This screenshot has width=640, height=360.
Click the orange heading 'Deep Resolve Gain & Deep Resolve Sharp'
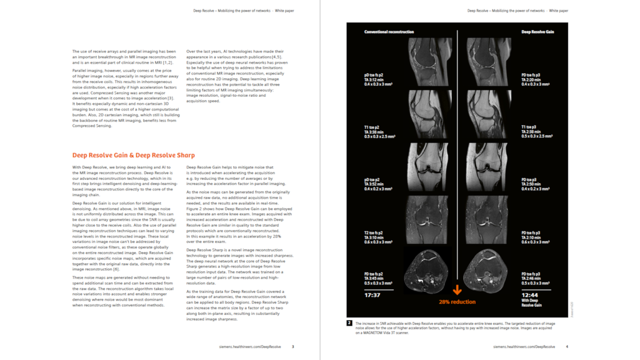(133, 155)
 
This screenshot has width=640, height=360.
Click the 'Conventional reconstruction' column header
(389, 32)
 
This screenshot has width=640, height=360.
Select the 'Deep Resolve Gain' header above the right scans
(537, 32)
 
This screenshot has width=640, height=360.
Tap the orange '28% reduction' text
(457, 302)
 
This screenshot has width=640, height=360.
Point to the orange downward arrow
(457, 290)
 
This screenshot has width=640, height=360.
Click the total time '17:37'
(372, 295)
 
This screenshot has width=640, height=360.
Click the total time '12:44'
(529, 295)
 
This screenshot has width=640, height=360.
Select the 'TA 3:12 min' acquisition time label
(374, 80)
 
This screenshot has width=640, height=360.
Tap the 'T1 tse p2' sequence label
(373, 127)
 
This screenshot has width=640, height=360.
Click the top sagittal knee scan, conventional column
(430, 62)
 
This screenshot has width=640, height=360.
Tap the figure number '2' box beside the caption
(349, 323)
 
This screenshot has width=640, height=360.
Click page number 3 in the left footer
(293, 346)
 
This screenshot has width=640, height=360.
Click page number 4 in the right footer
(567, 346)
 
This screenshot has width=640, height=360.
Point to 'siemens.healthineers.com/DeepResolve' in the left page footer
(250, 346)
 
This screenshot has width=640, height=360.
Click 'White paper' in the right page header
(559, 11)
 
